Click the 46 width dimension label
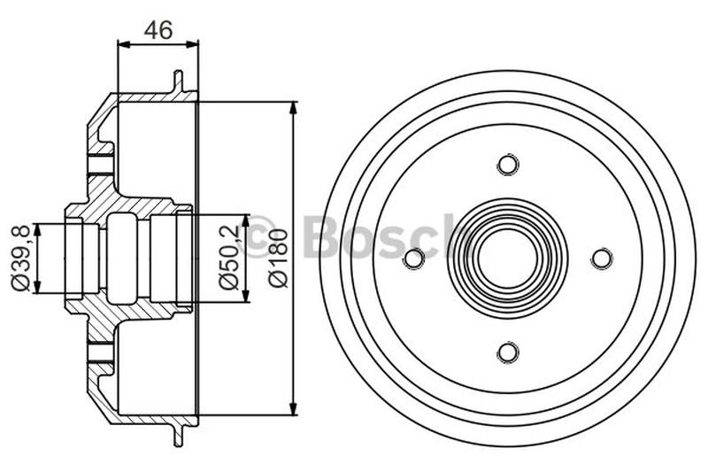158,30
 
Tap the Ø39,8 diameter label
21,258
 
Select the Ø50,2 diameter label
228,258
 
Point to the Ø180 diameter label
277,258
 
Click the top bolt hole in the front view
508,165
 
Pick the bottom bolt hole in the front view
508,352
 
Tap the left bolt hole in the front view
414,259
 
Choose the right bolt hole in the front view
602,259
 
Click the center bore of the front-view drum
508,259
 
